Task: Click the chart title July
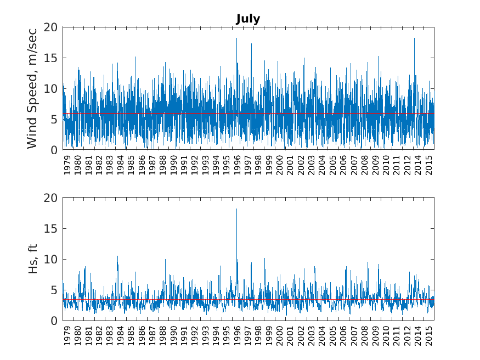click(248, 19)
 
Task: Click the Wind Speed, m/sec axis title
click(32, 88)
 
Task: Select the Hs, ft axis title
click(32, 258)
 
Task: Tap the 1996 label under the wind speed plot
click(237, 165)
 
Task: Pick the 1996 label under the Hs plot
click(237, 336)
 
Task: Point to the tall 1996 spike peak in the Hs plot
click(236, 209)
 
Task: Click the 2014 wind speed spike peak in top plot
click(414, 38)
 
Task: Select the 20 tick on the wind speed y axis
click(50, 27)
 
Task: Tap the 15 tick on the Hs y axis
click(50, 229)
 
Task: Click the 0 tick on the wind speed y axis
click(54, 150)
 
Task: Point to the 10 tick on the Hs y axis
click(50, 260)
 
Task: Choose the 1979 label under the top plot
click(67, 165)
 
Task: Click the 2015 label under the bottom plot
click(429, 336)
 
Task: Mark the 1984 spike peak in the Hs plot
click(117, 256)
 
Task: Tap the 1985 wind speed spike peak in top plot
click(135, 57)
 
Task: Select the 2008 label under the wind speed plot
click(365, 165)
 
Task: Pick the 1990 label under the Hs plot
click(173, 336)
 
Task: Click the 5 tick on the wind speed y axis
click(54, 120)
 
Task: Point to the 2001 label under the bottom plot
click(290, 336)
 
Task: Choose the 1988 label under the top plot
click(163, 165)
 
